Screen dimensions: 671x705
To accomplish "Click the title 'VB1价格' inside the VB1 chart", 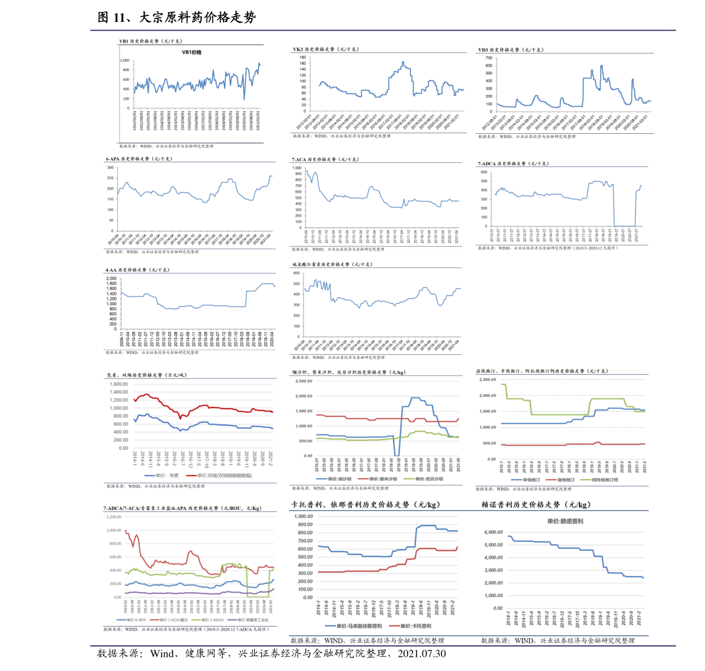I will click(x=191, y=53).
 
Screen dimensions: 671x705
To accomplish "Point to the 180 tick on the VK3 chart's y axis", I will click(x=303, y=57).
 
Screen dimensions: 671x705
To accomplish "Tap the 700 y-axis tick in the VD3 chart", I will click(x=489, y=58).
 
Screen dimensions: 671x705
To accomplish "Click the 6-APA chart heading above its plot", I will click(x=139, y=159).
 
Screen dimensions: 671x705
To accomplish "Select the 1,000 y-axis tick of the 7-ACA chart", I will click(x=297, y=168).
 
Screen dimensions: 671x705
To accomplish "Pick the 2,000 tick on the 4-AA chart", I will click(x=111, y=278).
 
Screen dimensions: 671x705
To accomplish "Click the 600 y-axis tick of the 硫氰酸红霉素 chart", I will click(x=296, y=274).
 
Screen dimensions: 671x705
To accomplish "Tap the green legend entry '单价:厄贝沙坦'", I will click(x=425, y=479).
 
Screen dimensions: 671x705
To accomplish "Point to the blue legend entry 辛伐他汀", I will click(x=527, y=480).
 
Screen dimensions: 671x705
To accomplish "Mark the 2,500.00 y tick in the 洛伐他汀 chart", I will click(x=488, y=380).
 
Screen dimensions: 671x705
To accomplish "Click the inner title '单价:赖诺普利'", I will click(x=565, y=521).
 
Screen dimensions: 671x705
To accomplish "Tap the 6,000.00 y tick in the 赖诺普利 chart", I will click(x=493, y=532).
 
